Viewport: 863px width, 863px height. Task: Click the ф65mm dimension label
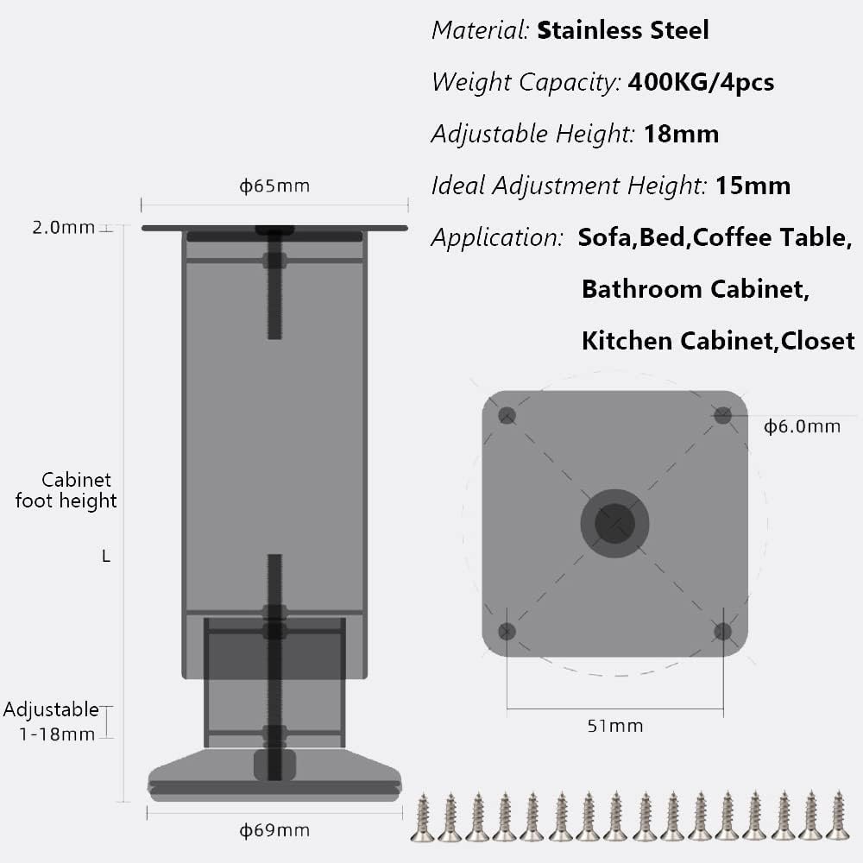(x=274, y=186)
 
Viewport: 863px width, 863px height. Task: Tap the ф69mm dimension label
(x=274, y=830)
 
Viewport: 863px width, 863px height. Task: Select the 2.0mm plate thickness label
(x=63, y=227)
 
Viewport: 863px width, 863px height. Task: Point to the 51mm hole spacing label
(x=614, y=726)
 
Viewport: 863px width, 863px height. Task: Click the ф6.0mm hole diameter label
(x=802, y=426)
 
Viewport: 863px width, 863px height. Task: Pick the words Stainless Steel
(x=622, y=29)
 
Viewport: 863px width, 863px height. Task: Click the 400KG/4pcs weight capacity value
(x=701, y=82)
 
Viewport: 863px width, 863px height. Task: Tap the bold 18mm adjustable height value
(x=681, y=134)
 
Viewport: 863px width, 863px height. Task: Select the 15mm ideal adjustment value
(x=753, y=186)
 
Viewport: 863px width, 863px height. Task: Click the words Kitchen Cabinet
(x=677, y=341)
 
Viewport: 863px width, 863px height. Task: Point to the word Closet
(x=818, y=341)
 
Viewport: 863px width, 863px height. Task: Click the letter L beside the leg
(x=106, y=557)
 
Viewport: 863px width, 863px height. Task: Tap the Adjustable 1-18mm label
(x=51, y=721)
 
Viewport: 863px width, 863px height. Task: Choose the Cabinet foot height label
(x=66, y=490)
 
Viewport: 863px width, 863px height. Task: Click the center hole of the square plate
(x=614, y=523)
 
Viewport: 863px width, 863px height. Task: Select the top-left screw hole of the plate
(x=507, y=416)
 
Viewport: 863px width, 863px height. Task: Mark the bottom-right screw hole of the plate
(x=722, y=632)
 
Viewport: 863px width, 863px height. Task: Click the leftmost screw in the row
(x=423, y=818)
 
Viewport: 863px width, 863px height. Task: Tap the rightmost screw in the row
(x=838, y=816)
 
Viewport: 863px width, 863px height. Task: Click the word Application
(x=496, y=238)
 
